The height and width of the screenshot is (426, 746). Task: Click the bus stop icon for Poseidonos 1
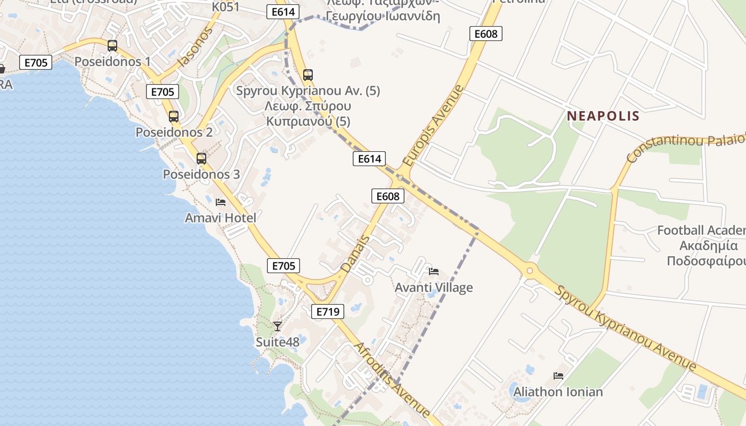112,46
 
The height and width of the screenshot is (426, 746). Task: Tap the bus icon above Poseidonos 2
174,116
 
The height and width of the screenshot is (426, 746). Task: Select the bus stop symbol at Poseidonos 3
201,158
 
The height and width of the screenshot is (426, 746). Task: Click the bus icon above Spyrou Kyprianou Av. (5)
308,75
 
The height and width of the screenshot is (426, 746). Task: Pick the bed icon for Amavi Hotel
221,202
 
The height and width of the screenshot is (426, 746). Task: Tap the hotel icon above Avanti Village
434,272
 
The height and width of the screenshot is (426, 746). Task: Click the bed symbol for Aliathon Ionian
558,376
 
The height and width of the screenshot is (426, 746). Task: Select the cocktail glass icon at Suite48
278,326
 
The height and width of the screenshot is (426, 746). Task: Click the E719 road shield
328,312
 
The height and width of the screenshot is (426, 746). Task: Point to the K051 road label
225,7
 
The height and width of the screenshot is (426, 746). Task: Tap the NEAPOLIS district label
603,116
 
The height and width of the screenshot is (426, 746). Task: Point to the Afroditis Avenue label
392,379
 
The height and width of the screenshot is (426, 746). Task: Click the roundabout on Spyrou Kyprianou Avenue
529,271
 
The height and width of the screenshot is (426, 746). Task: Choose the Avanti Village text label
434,288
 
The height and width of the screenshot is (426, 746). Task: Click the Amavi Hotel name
221,218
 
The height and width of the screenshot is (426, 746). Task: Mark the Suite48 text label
278,342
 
